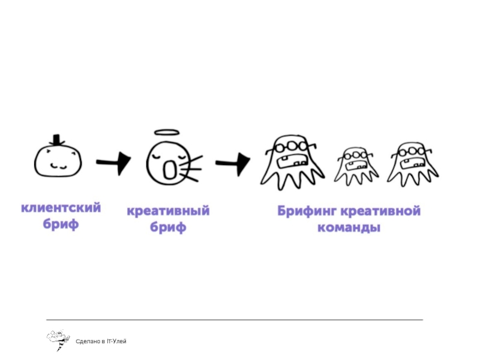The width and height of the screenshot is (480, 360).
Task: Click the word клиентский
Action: [x=61, y=208]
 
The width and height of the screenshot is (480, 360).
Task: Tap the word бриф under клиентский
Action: [x=61, y=225]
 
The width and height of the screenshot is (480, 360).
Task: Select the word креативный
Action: [x=168, y=211]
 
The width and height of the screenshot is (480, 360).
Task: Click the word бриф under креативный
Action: [x=168, y=228]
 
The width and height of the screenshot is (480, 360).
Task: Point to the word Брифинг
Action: [x=306, y=211]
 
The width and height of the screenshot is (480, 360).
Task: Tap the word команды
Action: [x=349, y=228]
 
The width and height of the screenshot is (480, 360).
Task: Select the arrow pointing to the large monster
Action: [x=233, y=162]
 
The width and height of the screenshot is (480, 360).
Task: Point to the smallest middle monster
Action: [x=356, y=165]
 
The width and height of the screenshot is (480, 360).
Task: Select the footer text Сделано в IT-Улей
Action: [x=101, y=341]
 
